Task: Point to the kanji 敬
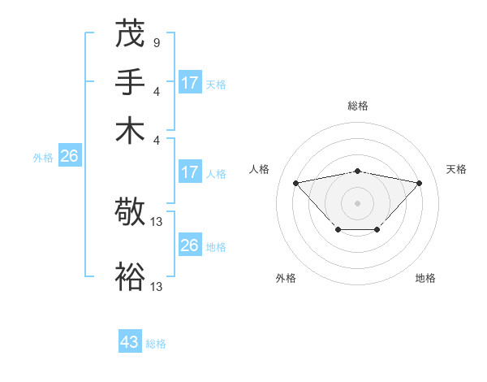(131, 213)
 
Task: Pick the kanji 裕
(131, 277)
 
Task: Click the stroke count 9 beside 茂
(156, 41)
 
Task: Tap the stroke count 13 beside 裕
(157, 286)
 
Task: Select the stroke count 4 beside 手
(156, 90)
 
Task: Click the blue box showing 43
(130, 342)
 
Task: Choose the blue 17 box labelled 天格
(189, 83)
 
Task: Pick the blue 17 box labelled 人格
(189, 172)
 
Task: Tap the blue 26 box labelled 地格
(189, 245)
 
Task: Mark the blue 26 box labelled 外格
(68, 157)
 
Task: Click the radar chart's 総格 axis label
(357, 106)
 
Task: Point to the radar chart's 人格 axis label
(260, 169)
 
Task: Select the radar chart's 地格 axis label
(425, 278)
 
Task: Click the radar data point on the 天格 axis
(419, 183)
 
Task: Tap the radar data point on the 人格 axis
(295, 183)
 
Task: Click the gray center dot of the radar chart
(357, 202)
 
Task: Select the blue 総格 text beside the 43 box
(156, 344)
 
